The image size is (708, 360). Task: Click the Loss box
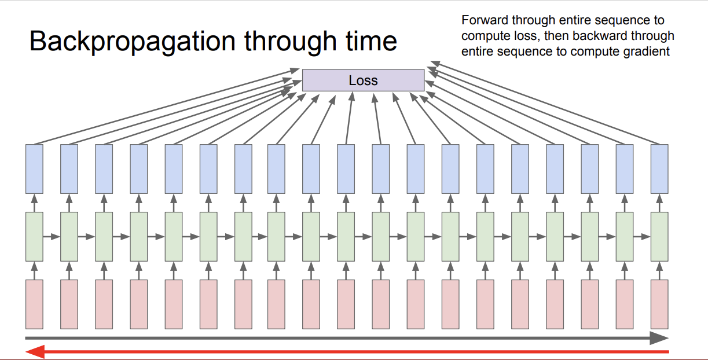click(x=363, y=80)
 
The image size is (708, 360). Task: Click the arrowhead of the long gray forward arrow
click(x=659, y=338)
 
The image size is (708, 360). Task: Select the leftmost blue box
click(x=34, y=168)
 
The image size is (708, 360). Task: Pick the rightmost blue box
click(x=659, y=168)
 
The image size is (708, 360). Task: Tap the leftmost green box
click(x=34, y=236)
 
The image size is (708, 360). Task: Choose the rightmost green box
click(x=659, y=236)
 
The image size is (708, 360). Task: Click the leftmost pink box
click(x=34, y=304)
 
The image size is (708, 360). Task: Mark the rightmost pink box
click(x=659, y=304)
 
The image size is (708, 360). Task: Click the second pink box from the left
click(x=69, y=304)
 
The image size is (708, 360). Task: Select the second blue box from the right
click(x=625, y=168)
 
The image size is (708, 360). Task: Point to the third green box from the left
click(x=104, y=236)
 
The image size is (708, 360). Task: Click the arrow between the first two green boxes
click(x=52, y=236)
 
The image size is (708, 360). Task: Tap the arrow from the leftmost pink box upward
click(x=34, y=270)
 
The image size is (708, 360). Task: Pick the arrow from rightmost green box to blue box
click(x=659, y=203)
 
